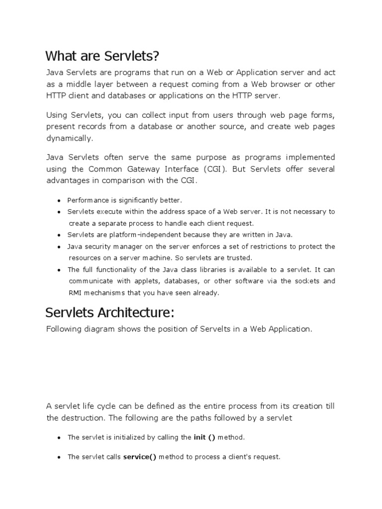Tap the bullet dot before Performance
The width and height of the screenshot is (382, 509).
tap(59, 201)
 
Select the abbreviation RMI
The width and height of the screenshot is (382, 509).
tap(75, 293)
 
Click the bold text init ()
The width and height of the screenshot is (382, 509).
tap(204, 437)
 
